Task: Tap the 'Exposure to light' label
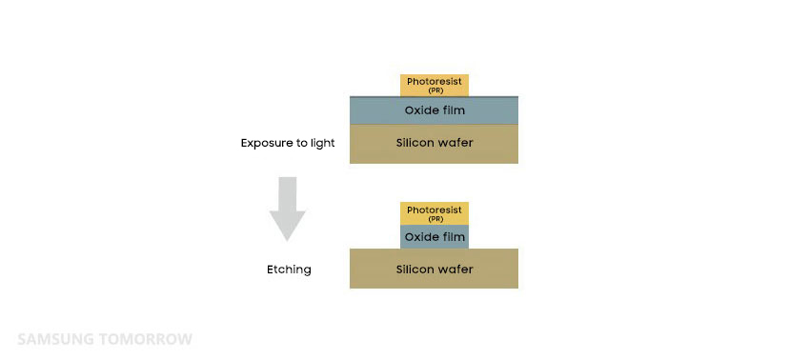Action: click(288, 143)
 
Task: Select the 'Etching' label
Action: click(289, 270)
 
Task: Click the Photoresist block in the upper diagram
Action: click(435, 85)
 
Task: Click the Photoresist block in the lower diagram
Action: click(435, 213)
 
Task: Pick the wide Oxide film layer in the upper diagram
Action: click(434, 110)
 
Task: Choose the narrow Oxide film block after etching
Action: click(435, 236)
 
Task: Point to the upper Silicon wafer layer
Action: click(434, 144)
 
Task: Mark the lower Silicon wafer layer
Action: click(434, 268)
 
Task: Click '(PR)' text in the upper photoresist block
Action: click(435, 91)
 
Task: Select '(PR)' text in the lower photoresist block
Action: click(435, 219)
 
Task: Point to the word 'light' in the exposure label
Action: click(321, 143)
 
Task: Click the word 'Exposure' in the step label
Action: click(266, 143)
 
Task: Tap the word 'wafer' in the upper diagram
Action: click(455, 143)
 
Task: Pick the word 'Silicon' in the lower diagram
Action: click(415, 269)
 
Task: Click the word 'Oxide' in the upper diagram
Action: click(420, 110)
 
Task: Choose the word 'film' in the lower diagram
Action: click(453, 237)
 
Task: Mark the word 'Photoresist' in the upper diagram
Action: click(435, 82)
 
